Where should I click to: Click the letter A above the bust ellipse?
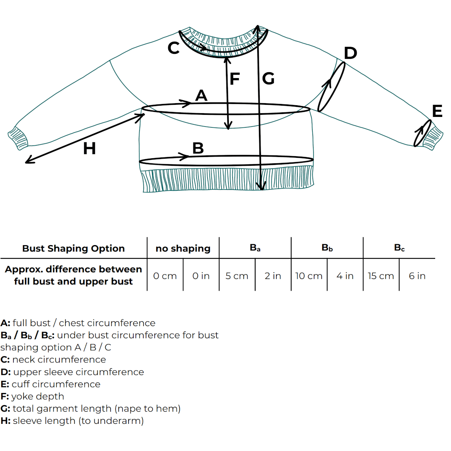tap(201, 96)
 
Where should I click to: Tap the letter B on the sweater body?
tap(198, 148)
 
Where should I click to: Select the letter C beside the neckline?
tap(173, 48)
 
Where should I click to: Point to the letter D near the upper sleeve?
tap(350, 53)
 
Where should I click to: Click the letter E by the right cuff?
tap(437, 111)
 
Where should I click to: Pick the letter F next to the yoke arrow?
tap(235, 79)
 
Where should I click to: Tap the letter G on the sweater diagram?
tap(268, 79)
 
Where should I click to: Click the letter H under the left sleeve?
tap(89, 148)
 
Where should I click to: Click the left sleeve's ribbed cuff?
tap(18, 137)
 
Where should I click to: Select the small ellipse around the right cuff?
tap(422, 133)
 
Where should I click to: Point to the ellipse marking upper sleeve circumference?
tap(332, 87)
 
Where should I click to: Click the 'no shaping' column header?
tap(183, 248)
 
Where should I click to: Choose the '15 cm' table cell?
tap(381, 276)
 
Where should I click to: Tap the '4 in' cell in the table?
tap(345, 276)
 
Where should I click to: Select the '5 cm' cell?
tap(237, 276)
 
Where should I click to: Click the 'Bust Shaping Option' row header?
tap(73, 248)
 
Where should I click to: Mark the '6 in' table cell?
tap(417, 276)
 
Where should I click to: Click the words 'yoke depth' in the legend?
tap(38, 396)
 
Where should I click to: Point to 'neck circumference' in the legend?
tap(59, 360)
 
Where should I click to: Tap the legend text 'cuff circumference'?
tap(56, 384)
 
